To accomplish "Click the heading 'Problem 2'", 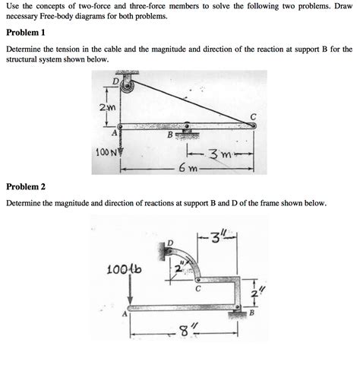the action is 26,186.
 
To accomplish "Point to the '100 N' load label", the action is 106,151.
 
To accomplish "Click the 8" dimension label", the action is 182,332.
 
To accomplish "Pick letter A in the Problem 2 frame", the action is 124,313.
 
